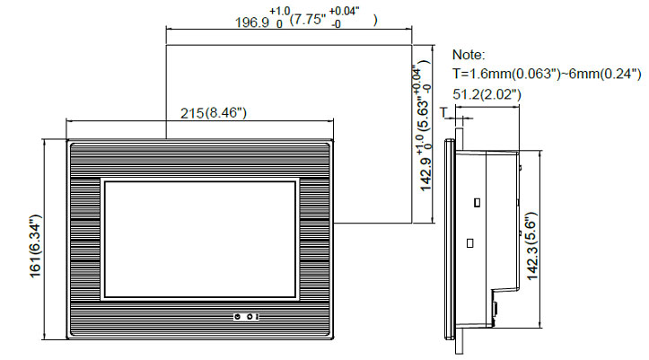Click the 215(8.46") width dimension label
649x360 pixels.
(x=213, y=112)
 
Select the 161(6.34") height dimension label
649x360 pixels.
(x=36, y=246)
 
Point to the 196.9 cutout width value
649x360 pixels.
(x=252, y=22)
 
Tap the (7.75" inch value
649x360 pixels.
(x=308, y=19)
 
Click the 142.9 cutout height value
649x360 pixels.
(x=425, y=175)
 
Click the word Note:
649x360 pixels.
(x=469, y=55)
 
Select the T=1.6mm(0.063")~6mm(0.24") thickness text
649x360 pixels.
(x=547, y=74)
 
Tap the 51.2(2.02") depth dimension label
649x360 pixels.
(x=487, y=94)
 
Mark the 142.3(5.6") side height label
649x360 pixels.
(x=531, y=246)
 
